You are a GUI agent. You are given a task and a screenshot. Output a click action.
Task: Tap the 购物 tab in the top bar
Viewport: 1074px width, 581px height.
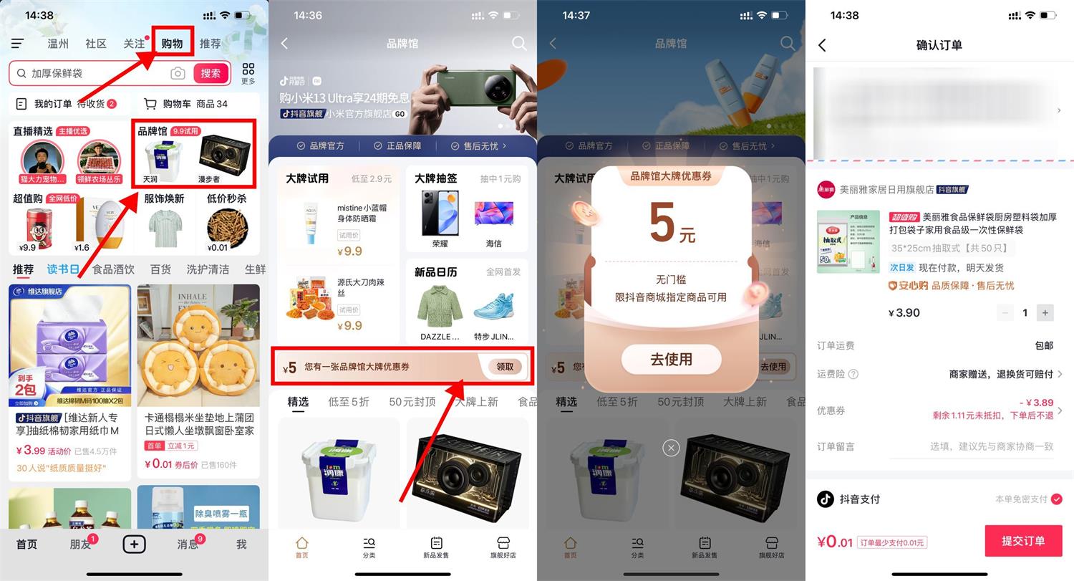point(172,44)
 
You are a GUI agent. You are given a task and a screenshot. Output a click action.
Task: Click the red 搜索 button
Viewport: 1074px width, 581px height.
point(211,73)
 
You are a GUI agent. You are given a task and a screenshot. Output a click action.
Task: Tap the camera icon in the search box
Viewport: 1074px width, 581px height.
point(178,73)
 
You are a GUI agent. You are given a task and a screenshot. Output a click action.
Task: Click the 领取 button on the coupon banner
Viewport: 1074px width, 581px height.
point(505,367)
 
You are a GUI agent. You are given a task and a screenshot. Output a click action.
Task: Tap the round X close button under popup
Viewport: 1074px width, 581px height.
point(670,448)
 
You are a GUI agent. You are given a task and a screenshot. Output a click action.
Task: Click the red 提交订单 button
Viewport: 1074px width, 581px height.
point(1023,541)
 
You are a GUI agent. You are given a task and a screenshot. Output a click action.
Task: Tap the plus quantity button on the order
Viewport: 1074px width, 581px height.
point(1045,313)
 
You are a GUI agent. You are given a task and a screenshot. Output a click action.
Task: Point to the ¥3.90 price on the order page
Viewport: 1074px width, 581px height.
point(904,313)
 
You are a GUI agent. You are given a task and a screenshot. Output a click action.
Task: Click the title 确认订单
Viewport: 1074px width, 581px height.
point(939,45)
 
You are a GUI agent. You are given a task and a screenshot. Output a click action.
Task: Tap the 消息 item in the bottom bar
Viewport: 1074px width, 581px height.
point(188,544)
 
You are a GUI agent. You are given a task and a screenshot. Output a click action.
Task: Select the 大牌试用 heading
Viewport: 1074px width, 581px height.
point(307,178)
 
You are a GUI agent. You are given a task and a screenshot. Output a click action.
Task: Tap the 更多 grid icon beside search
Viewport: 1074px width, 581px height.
point(248,72)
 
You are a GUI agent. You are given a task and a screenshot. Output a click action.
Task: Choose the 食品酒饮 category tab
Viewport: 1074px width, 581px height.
point(113,269)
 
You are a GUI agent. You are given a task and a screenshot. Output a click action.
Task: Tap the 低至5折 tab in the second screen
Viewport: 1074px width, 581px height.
point(349,402)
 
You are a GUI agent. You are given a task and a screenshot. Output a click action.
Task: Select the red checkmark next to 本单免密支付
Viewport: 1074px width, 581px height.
point(1056,499)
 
